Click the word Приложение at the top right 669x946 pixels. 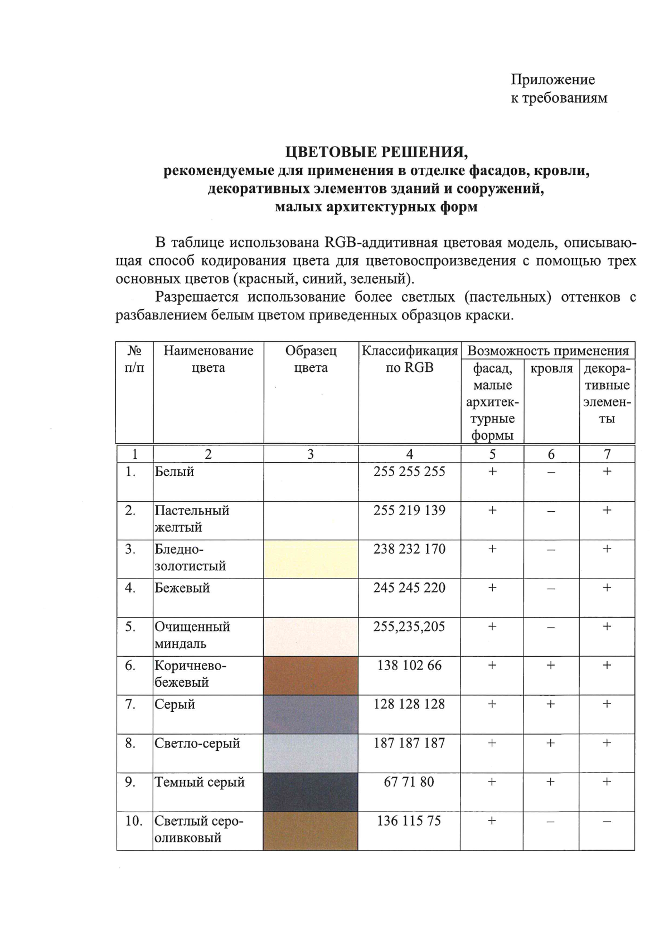pyautogui.click(x=552, y=80)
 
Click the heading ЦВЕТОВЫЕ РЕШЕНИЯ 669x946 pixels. pyautogui.click(x=376, y=152)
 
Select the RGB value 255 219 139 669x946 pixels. pyautogui.click(x=409, y=510)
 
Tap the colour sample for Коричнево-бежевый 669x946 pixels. pyautogui.click(x=311, y=675)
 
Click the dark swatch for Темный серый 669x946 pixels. pyautogui.click(x=311, y=792)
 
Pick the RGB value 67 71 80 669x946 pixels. pyautogui.click(x=409, y=782)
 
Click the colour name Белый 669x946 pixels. pyautogui.click(x=174, y=472)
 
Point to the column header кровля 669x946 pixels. pyautogui.click(x=551, y=368)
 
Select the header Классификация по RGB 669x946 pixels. pyautogui.click(x=409, y=359)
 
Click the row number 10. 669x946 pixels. pyautogui.click(x=134, y=821)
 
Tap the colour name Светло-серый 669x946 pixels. pyautogui.click(x=197, y=743)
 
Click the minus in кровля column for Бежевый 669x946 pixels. pyautogui.click(x=551, y=589)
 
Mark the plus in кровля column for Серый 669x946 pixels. pyautogui.click(x=551, y=704)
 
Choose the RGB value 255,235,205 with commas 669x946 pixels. pyautogui.click(x=409, y=627)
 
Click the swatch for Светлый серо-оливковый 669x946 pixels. pyautogui.click(x=311, y=831)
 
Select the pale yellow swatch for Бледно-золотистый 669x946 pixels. pyautogui.click(x=311, y=559)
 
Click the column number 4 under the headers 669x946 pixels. pyautogui.click(x=409, y=454)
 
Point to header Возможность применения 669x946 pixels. pyautogui.click(x=547, y=351)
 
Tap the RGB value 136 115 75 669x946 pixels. pyautogui.click(x=409, y=821)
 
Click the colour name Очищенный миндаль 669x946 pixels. pyautogui.click(x=192, y=635)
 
